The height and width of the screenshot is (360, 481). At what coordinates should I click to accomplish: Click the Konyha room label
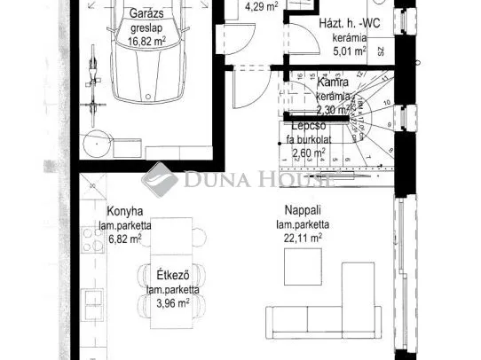(x=124, y=213)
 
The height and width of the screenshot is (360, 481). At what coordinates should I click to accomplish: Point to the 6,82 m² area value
(x=124, y=239)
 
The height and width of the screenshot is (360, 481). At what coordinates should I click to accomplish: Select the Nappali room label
(x=303, y=212)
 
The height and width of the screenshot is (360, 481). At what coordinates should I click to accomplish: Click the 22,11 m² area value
(x=303, y=238)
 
